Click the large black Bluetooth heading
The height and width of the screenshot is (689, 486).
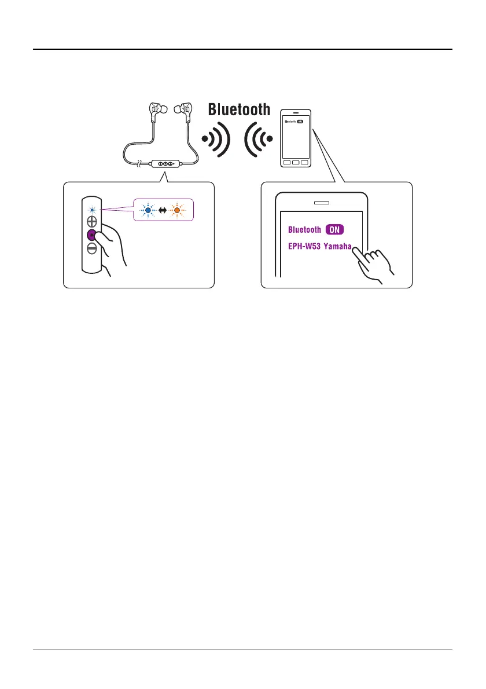tap(239, 109)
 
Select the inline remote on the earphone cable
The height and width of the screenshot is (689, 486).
tap(166, 164)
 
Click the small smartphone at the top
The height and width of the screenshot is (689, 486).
tap(296, 137)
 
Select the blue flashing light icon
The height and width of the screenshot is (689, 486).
tap(148, 210)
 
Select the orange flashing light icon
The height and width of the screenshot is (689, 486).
tap(177, 210)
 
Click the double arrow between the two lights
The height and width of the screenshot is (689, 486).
tap(163, 210)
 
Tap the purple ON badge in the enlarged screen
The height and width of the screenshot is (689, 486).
tap(335, 230)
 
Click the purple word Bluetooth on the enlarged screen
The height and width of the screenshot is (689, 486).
tap(304, 230)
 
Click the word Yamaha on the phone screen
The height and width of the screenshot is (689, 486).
tap(338, 245)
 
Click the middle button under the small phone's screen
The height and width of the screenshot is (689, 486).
tap(296, 162)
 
